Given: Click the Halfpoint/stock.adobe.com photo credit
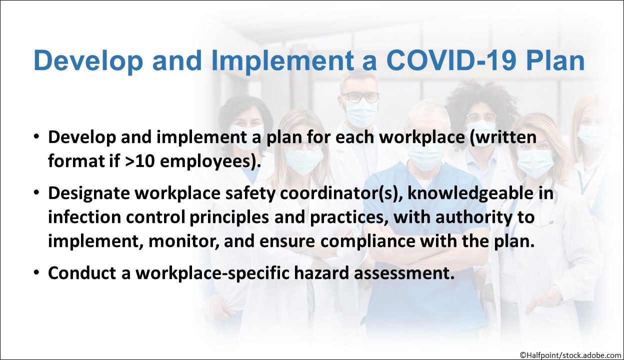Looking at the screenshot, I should (569, 355).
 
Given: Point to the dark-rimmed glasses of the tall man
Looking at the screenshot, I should (360, 97).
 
